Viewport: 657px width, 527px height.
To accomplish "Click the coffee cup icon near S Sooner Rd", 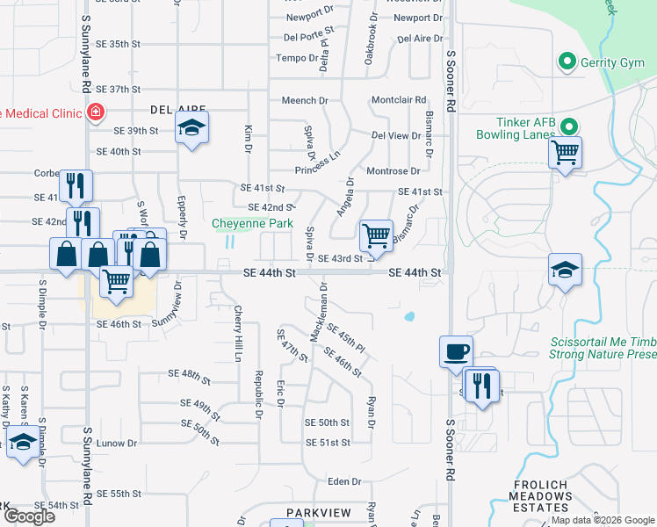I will pyautogui.click(x=456, y=351).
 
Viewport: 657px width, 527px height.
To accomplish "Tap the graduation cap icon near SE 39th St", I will pyautogui.click(x=191, y=128).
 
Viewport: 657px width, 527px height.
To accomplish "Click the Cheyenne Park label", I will pyautogui.click(x=252, y=223).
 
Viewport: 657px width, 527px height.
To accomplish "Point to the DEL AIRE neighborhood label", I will pyautogui.click(x=171, y=110).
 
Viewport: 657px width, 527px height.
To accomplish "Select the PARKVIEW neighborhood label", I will pyautogui.click(x=318, y=512).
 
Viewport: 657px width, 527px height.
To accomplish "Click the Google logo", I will pyautogui.click(x=29, y=516).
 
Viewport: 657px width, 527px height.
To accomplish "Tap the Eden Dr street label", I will pyautogui.click(x=344, y=481).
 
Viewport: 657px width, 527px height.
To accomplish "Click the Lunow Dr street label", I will pyautogui.click(x=115, y=444).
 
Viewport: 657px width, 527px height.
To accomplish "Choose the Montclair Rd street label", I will pyautogui.click(x=398, y=100).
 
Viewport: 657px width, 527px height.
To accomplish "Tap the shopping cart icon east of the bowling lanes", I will pyautogui.click(x=566, y=153).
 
